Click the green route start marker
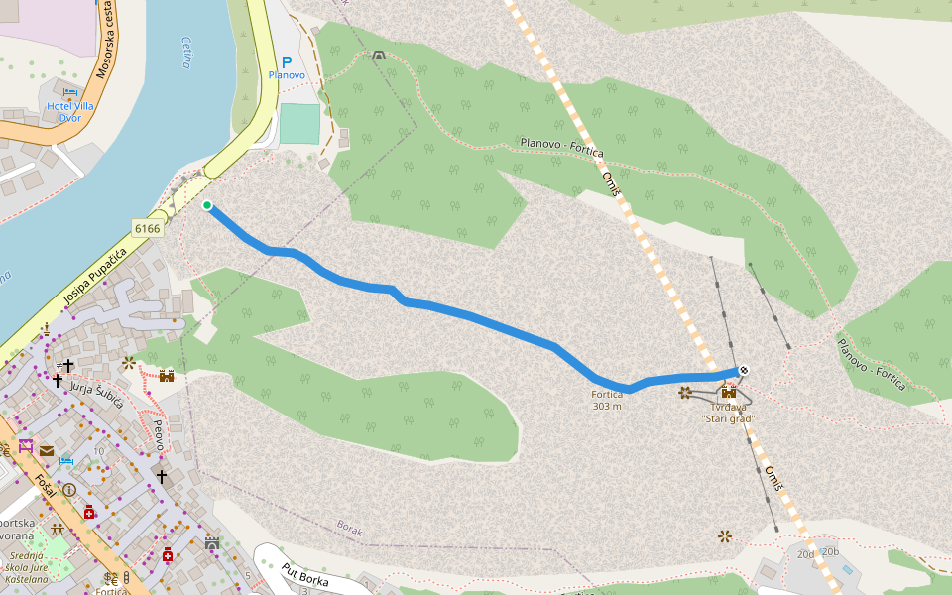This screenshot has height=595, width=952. pyautogui.click(x=207, y=206)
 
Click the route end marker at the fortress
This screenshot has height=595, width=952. pyautogui.click(x=743, y=371)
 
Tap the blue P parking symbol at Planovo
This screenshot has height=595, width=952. pyautogui.click(x=287, y=61)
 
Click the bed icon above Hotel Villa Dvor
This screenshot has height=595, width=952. pyautogui.click(x=68, y=92)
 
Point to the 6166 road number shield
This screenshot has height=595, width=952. pyautogui.click(x=147, y=229)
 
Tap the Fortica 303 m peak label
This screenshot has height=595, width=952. pyautogui.click(x=607, y=400)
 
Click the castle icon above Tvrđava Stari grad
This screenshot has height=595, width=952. pyautogui.click(x=729, y=392)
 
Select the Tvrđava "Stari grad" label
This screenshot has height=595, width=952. pyautogui.click(x=728, y=413)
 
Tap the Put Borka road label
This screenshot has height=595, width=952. pyautogui.click(x=304, y=574)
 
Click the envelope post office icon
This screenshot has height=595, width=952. pyautogui.click(x=47, y=450)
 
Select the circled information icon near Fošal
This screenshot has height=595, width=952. pyautogui.click(x=69, y=490)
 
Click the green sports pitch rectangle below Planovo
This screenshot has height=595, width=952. pyautogui.click(x=299, y=124)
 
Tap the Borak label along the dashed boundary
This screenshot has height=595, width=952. pyautogui.click(x=350, y=529)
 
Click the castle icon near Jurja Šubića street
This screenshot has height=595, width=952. pyautogui.click(x=167, y=375)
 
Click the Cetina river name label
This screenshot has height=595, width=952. pyautogui.click(x=186, y=52)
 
